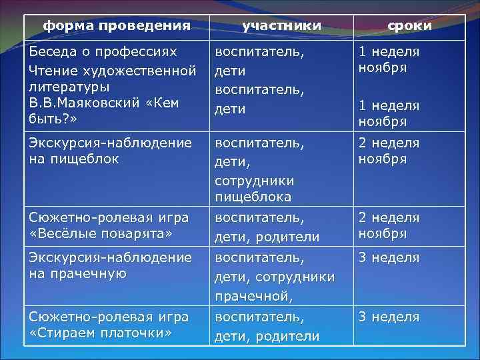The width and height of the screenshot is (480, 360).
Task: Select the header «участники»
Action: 281,25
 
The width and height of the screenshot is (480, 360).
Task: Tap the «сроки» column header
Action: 409,25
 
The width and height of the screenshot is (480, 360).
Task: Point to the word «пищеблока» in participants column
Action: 253,197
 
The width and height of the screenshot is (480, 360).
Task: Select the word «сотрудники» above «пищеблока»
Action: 254,180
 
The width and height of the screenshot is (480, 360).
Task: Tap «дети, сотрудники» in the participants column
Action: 274,276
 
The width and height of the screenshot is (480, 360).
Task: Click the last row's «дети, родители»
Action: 267,337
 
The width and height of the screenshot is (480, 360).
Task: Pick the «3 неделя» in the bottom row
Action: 389,317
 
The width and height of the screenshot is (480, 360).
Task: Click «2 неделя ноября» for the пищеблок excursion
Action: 389,151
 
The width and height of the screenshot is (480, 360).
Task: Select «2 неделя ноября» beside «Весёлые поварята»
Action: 389,225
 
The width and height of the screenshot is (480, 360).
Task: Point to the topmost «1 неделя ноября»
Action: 389,60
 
